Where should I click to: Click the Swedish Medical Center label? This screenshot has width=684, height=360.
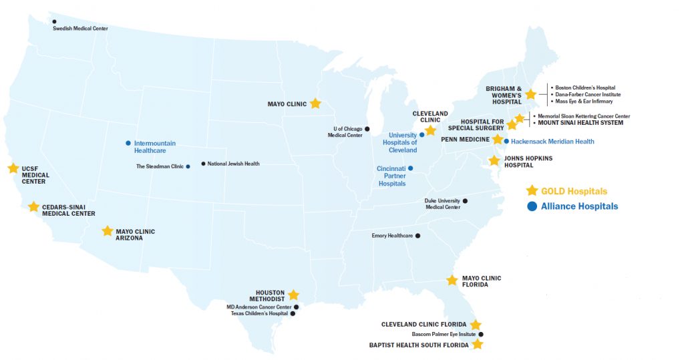tap(80, 29)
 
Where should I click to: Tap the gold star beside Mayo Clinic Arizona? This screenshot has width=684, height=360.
tap(108, 231)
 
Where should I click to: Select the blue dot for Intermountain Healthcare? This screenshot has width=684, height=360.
tap(128, 143)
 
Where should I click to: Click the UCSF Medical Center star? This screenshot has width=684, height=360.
tap(13, 168)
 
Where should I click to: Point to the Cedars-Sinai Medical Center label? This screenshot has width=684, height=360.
tap(68, 210)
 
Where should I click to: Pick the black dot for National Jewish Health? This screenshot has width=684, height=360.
tap(203, 164)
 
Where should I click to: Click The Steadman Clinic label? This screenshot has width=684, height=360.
tap(159, 166)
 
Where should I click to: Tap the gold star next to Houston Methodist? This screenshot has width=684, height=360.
tap(293, 295)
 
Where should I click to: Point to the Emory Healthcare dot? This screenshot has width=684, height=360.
tap(418, 235)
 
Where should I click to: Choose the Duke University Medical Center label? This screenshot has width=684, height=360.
tap(442, 204)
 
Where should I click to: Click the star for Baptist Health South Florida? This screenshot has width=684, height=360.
tap(478, 345)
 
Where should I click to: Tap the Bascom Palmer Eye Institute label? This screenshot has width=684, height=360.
tap(443, 334)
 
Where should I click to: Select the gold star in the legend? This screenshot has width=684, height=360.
tap(532, 190)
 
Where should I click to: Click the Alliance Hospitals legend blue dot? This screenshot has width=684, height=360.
tap(532, 206)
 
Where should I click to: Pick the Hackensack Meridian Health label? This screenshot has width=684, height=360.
tap(552, 142)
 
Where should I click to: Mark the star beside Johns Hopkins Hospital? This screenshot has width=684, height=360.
tap(494, 160)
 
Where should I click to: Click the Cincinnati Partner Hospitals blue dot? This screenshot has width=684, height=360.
tap(411, 168)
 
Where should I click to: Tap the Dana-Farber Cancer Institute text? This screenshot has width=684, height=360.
tap(588, 95)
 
